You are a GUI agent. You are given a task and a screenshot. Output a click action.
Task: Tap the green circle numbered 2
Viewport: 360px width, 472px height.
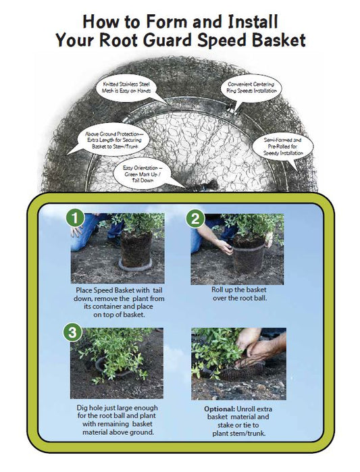195,218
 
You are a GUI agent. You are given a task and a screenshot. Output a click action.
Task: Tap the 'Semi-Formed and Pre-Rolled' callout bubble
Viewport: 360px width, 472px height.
282,145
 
